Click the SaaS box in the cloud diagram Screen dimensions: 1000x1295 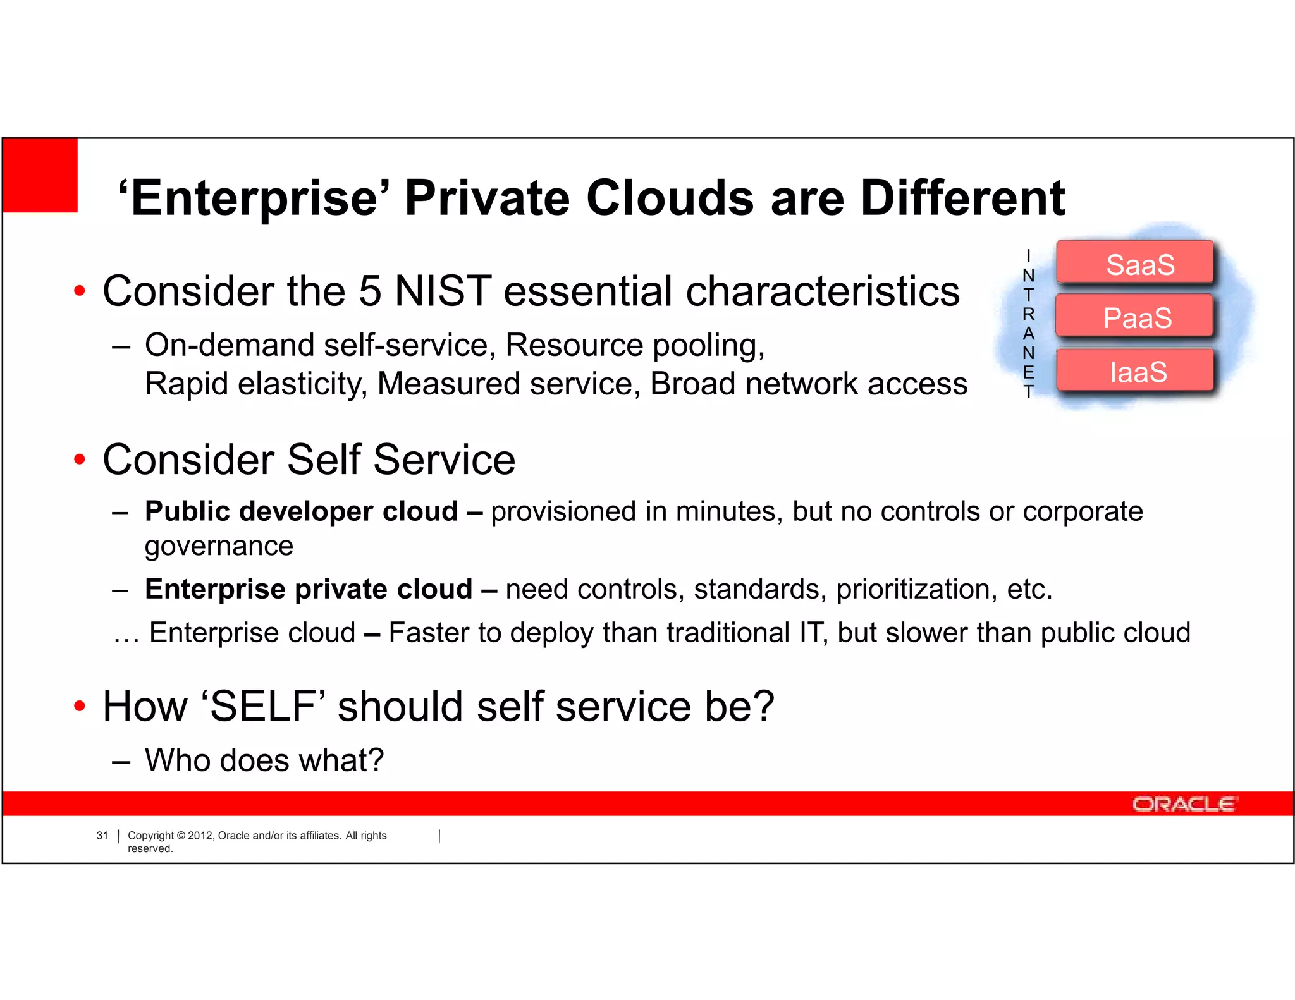point(1135,262)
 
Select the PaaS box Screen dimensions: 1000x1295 point(1135,316)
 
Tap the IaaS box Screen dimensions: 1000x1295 point(1136,370)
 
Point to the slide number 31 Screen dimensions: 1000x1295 point(102,836)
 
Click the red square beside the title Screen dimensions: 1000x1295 point(40,175)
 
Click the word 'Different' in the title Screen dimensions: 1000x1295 point(962,198)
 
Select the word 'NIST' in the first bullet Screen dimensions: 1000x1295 point(443,291)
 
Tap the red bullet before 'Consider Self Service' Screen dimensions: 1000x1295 point(79,460)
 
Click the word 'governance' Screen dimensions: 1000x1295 point(219,546)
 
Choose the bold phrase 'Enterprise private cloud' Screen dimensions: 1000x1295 point(309,589)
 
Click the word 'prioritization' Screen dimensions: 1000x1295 point(912,589)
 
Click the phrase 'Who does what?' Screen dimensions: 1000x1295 point(264,760)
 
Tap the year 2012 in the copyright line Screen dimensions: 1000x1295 point(200,836)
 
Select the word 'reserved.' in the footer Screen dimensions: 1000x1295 point(150,849)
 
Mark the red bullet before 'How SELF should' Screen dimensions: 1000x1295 point(79,706)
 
